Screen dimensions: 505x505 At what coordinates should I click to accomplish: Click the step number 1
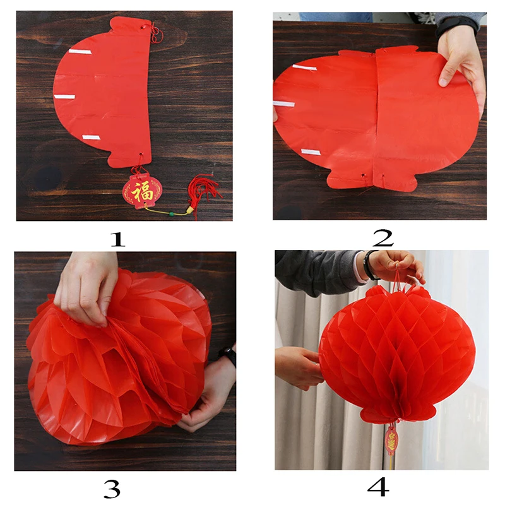[x=118, y=238]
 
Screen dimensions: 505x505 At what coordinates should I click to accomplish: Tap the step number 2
[x=383, y=237]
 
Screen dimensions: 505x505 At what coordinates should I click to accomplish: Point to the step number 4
[x=377, y=487]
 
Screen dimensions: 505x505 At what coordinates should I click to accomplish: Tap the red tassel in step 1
[x=205, y=193]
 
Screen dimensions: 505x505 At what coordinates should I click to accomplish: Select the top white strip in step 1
[x=80, y=51]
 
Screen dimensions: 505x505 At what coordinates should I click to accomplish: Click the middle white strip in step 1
[x=64, y=97]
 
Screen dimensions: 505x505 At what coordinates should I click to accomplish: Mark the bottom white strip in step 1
[x=91, y=137]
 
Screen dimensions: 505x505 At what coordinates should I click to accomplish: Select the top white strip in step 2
[x=304, y=67]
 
